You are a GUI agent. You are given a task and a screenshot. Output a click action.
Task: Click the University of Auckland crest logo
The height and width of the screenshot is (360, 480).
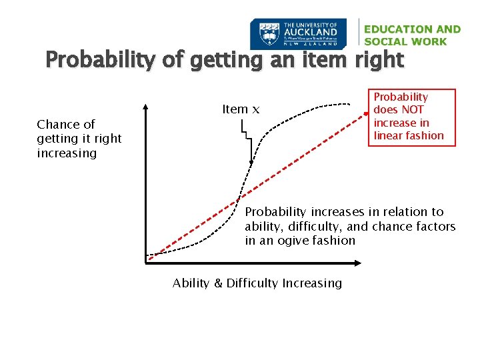(268, 34)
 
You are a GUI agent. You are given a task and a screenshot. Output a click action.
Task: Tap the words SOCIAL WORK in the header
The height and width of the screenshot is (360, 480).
(405, 41)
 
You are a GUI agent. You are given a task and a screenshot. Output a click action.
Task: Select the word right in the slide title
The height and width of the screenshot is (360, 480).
(379, 61)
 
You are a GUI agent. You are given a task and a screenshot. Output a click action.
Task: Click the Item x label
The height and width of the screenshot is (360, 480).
(240, 109)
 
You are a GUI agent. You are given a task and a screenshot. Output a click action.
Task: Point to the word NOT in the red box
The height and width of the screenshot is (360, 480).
(412, 110)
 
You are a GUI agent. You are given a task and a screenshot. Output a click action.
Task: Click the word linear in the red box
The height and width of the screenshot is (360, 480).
(388, 135)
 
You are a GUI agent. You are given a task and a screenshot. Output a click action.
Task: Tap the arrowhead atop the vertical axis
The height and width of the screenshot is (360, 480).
(146, 107)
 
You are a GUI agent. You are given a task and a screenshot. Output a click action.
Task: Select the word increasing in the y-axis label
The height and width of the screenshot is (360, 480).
(67, 153)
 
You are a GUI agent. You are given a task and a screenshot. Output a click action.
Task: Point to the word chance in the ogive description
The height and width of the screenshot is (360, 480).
(377, 227)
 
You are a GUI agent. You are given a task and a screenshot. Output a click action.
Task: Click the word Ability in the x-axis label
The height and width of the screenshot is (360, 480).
(190, 283)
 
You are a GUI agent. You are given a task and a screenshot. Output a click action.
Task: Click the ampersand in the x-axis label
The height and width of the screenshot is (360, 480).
(218, 283)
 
